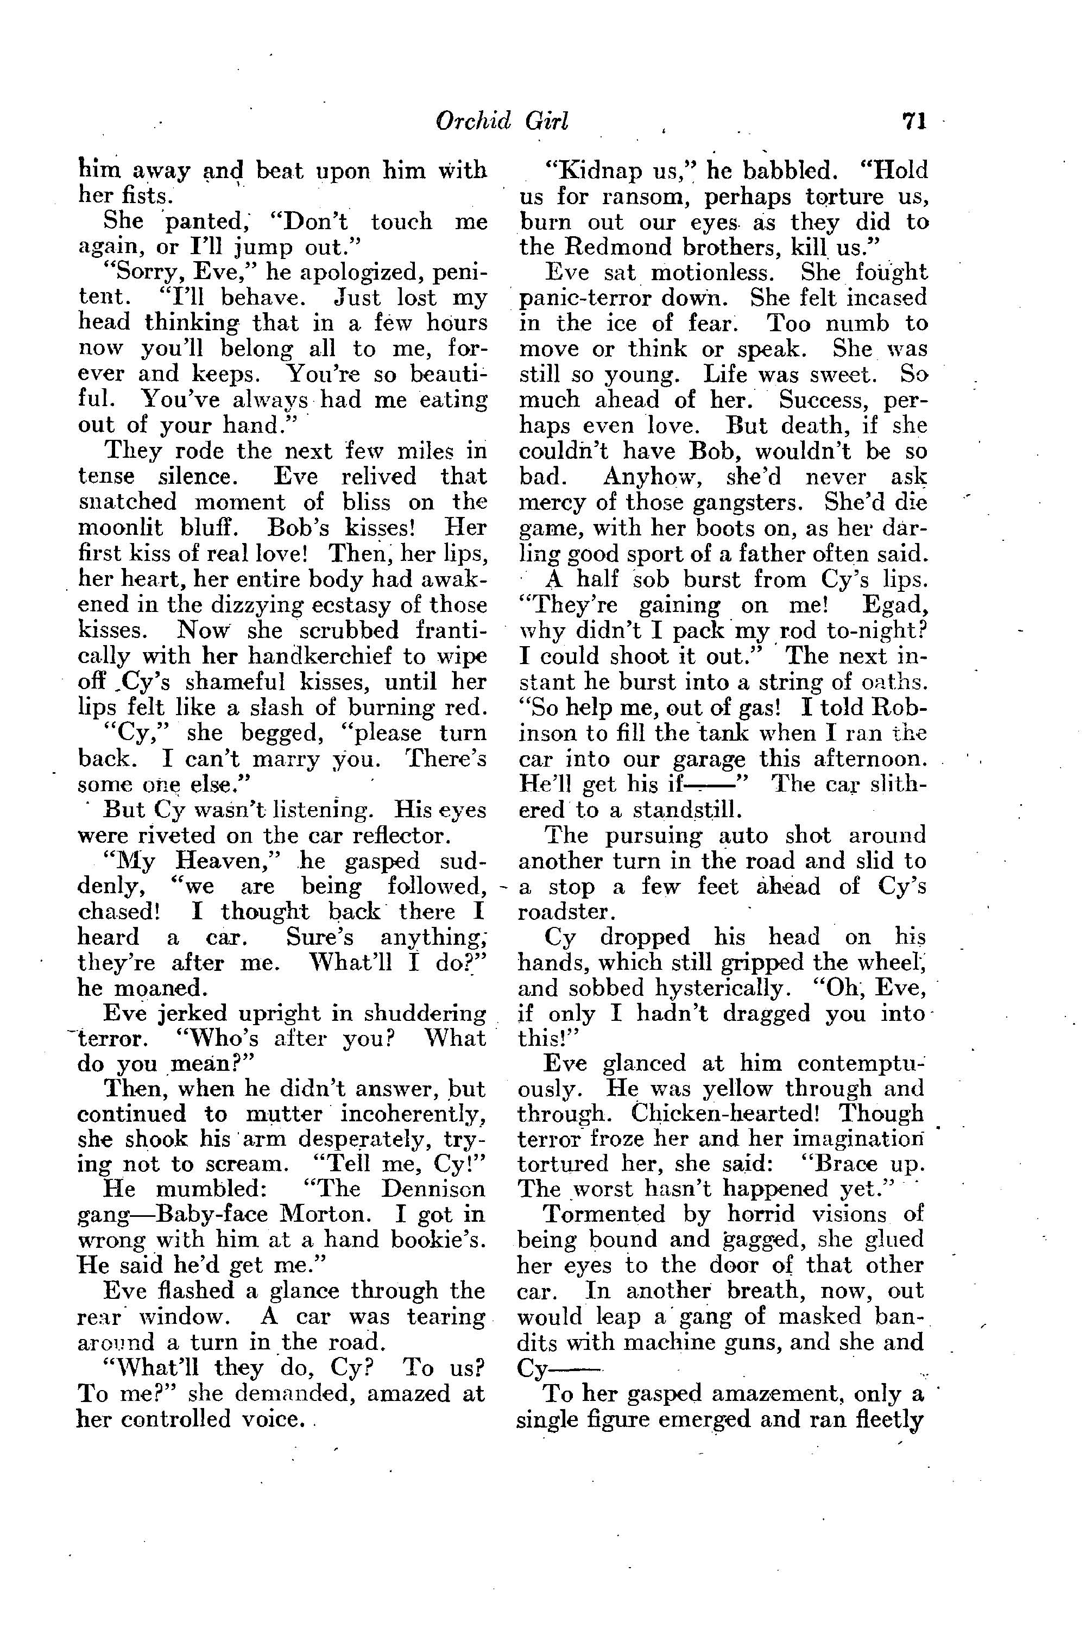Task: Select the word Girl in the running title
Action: point(546,121)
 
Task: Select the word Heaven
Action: point(226,861)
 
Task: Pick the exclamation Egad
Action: point(893,605)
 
